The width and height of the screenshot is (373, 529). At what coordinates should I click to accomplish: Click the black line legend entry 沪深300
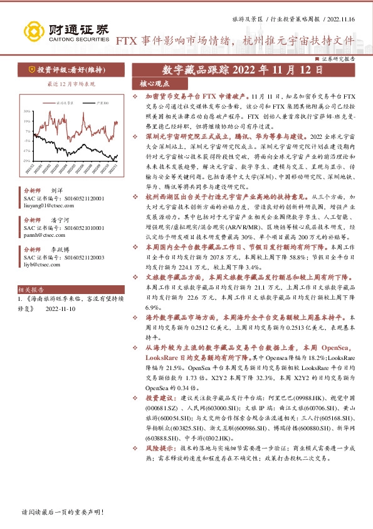click(102, 102)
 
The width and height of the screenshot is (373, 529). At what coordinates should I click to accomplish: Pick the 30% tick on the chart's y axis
click(28, 111)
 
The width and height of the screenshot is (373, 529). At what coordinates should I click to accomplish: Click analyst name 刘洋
click(57, 189)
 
